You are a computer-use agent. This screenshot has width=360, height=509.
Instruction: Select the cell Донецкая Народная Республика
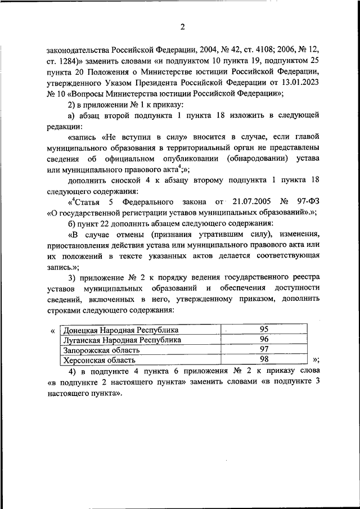pos(120,330)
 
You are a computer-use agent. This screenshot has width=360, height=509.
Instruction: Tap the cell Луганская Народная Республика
pos(122,340)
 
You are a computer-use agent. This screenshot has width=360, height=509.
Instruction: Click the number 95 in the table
pos(264,330)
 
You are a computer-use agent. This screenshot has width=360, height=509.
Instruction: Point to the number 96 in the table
pos(264,340)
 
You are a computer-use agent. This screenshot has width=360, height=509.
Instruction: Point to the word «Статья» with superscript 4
pos(85,201)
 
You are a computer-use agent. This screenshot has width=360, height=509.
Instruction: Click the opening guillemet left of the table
pos(52,331)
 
